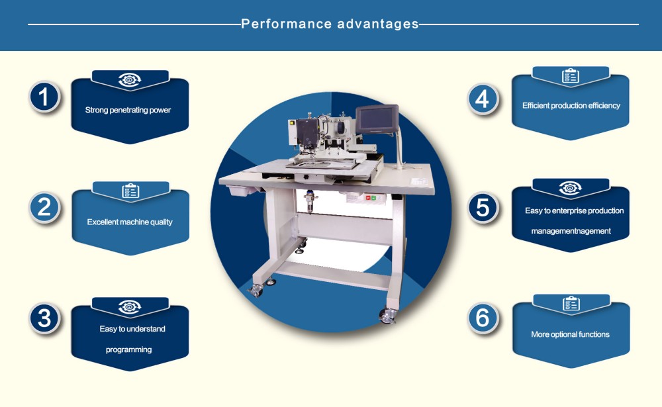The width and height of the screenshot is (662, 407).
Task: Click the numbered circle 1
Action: [44, 97]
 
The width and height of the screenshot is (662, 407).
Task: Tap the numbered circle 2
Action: [44, 208]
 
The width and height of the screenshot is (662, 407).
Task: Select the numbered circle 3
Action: [44, 318]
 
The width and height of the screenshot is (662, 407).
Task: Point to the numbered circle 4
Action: [483, 99]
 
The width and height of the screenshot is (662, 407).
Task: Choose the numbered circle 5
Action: [483, 208]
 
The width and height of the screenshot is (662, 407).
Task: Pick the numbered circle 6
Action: [483, 318]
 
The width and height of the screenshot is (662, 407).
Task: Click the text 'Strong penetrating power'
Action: [128, 110]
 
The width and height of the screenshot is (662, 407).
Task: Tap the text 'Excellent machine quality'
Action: [130, 222]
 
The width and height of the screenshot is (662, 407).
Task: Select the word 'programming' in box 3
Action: [128, 349]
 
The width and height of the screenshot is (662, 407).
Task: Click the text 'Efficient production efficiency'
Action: [571, 105]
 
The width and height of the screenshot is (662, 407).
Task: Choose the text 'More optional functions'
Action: [570, 334]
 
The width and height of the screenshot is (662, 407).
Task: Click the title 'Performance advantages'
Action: [330, 24]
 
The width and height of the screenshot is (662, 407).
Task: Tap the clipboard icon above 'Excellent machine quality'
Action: [130, 191]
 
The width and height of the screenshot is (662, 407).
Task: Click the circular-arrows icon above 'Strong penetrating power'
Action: [130, 80]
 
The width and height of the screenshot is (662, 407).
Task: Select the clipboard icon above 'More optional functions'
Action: [571, 304]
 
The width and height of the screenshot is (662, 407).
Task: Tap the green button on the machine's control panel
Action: [373, 197]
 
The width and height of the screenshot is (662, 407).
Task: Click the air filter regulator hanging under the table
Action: [309, 199]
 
